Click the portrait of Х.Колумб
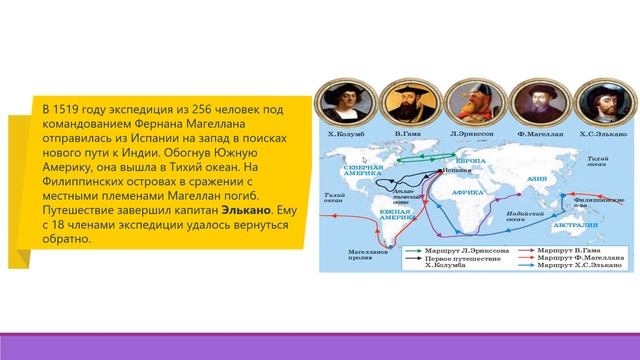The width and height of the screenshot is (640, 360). point(343,102)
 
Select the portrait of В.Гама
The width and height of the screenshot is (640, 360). point(405,103)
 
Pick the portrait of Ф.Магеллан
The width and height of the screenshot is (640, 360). point(527,103)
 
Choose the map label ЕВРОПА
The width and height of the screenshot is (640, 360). point(471,160)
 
